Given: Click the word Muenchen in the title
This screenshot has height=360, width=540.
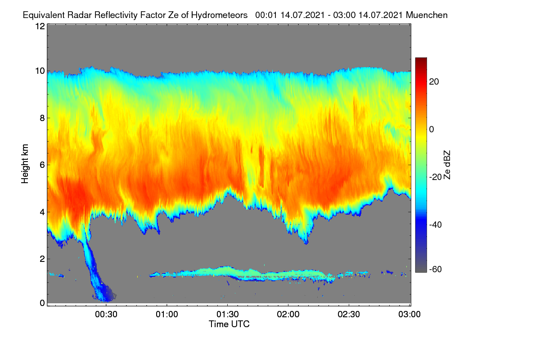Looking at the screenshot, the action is [427, 15].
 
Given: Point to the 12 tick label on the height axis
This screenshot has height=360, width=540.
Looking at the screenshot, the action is [40, 26].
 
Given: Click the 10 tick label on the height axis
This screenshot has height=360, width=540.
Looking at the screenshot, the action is [40, 71].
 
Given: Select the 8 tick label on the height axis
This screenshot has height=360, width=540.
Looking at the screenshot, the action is [42, 118].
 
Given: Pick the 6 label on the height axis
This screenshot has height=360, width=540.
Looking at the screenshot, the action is [42, 165].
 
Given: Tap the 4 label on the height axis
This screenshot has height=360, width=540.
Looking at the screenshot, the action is [42, 212].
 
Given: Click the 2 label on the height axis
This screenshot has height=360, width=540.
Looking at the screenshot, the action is [42, 259].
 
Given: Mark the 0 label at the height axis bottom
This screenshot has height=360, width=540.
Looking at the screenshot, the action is [42, 303].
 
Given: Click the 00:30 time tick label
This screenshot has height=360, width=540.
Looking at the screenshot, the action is [106, 315].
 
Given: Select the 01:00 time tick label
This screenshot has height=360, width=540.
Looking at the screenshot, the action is [167, 315].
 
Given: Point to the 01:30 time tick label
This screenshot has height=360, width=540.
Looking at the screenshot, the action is [228, 315].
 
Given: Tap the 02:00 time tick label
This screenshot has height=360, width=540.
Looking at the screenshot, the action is [288, 315].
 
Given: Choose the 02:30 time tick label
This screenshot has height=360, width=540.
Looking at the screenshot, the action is [349, 315].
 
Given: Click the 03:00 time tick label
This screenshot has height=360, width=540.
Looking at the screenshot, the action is [409, 315].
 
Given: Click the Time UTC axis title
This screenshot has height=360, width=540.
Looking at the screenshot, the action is [229, 324].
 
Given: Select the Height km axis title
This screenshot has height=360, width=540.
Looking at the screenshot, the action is [25, 164].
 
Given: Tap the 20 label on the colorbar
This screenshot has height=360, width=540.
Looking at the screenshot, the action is [434, 82].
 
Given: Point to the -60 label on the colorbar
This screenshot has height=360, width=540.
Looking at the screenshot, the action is [436, 270].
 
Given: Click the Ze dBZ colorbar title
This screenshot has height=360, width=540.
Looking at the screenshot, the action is [447, 165].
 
